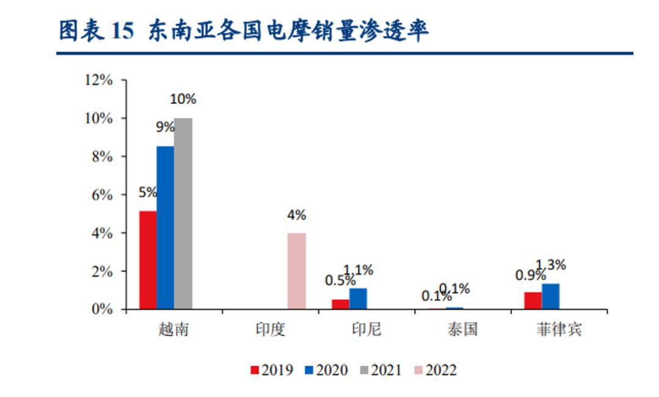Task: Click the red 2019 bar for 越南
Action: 148,260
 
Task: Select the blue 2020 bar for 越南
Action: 165,227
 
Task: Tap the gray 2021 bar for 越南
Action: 183,213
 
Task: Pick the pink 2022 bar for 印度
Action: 297,271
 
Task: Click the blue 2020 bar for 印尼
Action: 358,299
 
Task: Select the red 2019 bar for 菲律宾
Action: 533,300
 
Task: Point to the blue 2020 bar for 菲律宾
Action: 550,296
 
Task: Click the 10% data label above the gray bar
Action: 182,99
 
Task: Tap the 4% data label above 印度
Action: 297,215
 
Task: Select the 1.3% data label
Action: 551,265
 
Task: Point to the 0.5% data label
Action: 339,280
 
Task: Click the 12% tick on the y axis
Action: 99,80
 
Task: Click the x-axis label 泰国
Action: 462,330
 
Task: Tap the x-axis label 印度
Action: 270,330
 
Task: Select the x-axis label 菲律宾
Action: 559,330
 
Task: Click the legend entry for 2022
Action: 434,370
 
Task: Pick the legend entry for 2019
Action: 272,370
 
